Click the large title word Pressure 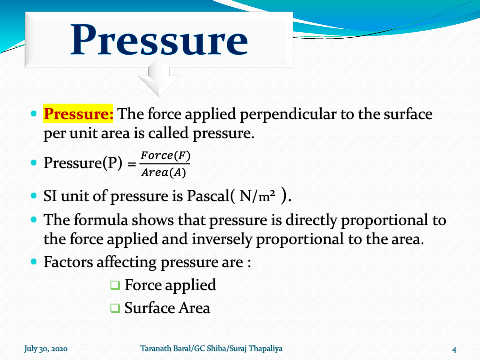(159, 40)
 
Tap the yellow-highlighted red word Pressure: (78, 114)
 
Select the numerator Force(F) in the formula (165, 155)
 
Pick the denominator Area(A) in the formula (163, 172)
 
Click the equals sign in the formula (132, 164)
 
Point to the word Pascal (208, 196)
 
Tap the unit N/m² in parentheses (257, 196)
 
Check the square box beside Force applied (115, 285)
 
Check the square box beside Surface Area (115, 308)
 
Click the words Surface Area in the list (167, 308)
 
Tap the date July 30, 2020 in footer (46, 349)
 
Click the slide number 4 (454, 350)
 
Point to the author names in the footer (211, 348)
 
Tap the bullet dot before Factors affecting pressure (33, 261)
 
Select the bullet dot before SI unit (33, 195)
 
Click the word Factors (68, 262)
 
